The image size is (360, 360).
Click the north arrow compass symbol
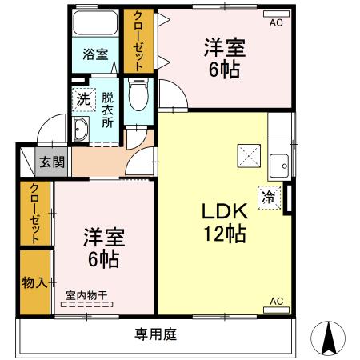[x=330, y=338]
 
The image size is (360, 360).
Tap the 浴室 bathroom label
[x=95, y=54]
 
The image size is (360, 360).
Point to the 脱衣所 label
[x=107, y=113]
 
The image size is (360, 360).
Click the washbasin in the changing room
[x=82, y=129]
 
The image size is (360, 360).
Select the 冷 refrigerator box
[x=269, y=196]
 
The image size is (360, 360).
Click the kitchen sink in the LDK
[x=279, y=166]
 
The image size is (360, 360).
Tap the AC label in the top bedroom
[x=276, y=22]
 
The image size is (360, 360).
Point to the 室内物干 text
[x=87, y=295]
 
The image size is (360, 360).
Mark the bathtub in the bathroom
[x=95, y=24]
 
